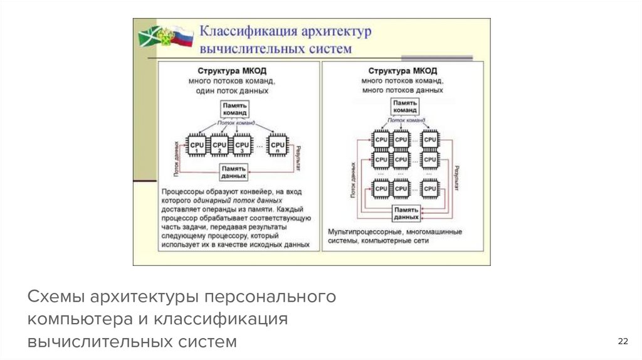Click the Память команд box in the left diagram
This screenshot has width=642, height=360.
click(x=234, y=109)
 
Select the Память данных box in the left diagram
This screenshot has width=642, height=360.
click(x=234, y=172)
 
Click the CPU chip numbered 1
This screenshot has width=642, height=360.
click(x=197, y=146)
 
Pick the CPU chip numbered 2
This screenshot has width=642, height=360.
click(x=219, y=146)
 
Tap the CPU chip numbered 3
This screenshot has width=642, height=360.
click(x=242, y=146)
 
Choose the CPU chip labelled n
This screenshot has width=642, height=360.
click(x=277, y=146)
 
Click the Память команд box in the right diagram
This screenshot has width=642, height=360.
click(x=405, y=106)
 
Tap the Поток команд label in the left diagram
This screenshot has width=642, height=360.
click(x=236, y=123)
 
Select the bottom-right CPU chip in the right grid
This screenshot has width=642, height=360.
click(x=429, y=188)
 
